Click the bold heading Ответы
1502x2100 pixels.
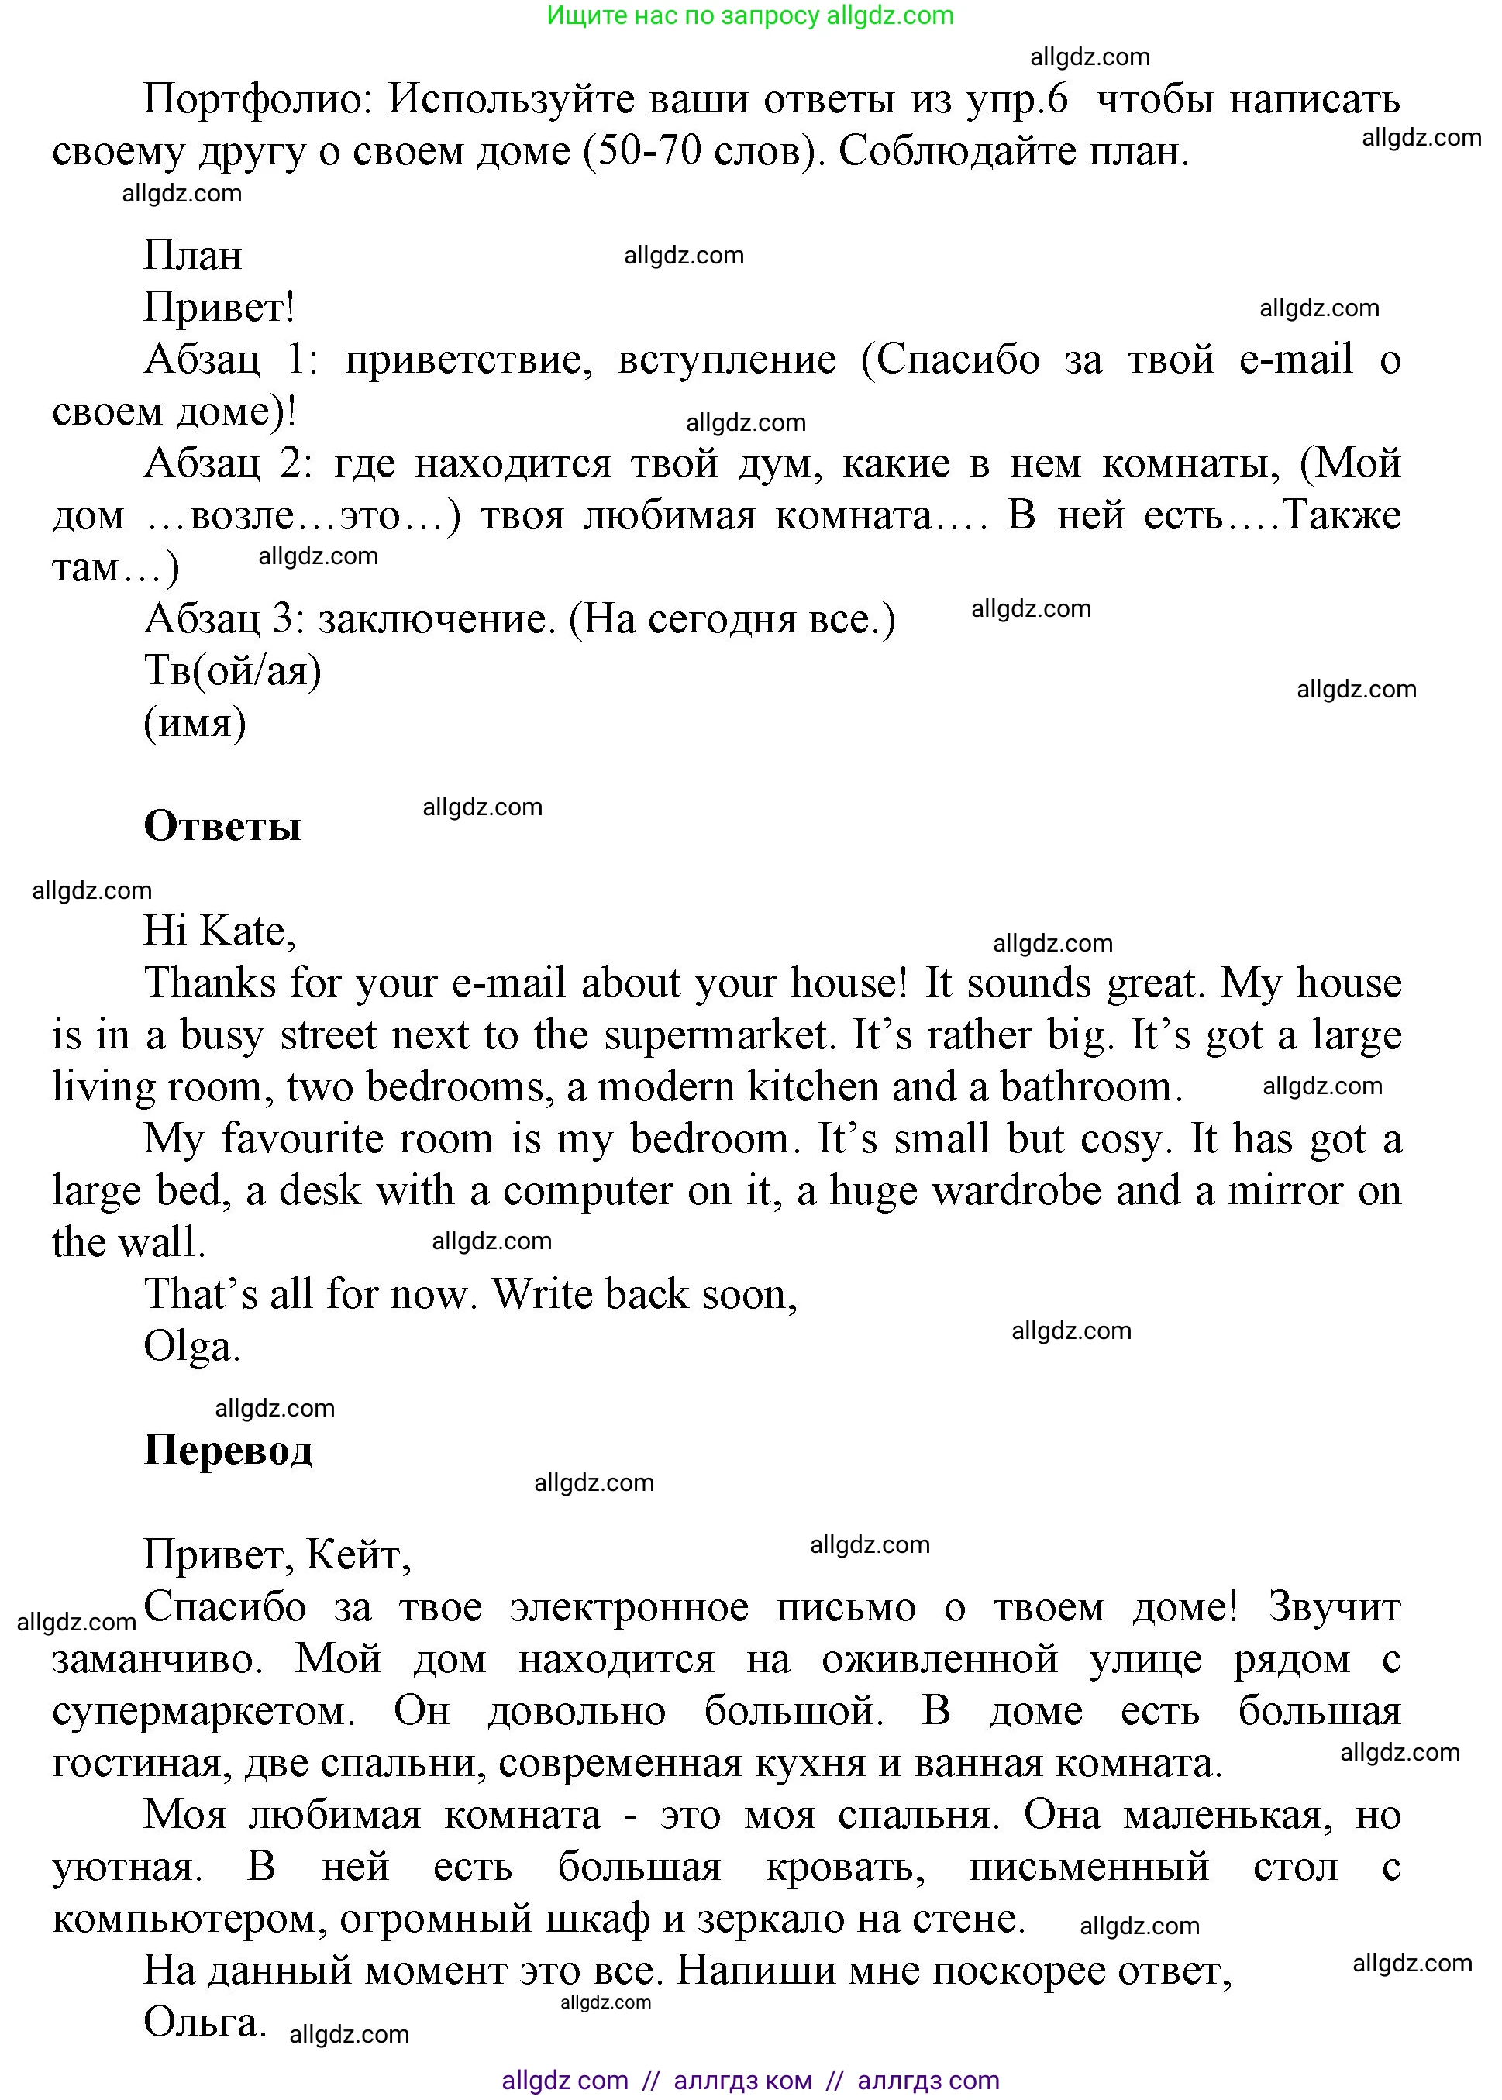point(222,826)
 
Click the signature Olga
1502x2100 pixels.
point(191,1346)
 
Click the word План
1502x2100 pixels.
point(192,255)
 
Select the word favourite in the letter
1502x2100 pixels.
point(357,1139)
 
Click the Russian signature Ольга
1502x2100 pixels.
point(205,2022)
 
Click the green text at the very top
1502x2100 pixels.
point(750,15)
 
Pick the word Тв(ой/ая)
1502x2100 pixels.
point(233,670)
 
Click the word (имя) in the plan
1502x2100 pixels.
point(195,722)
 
